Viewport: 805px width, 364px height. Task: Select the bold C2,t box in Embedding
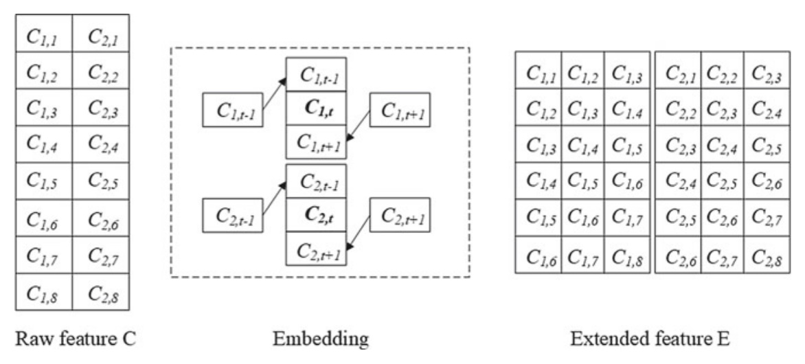coord(316,216)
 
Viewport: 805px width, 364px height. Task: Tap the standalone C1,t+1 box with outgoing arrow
coord(400,109)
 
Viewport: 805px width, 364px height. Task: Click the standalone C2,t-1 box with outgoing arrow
coord(232,216)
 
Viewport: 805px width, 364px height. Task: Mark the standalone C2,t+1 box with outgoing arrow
coord(400,215)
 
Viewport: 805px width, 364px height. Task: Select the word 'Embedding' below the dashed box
coord(320,338)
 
